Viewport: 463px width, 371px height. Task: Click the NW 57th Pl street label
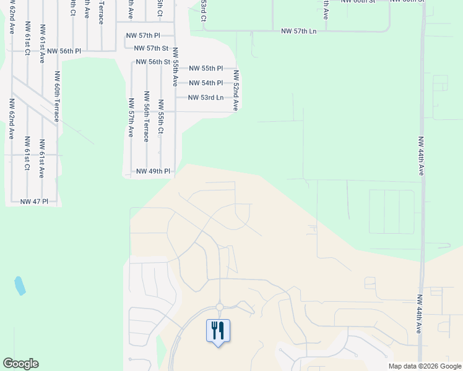pos(143,36)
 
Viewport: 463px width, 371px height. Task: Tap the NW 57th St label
pos(148,48)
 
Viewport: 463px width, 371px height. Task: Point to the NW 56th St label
pos(153,62)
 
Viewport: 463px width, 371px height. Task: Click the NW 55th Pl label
pos(206,69)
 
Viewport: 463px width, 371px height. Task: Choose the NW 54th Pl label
pos(206,83)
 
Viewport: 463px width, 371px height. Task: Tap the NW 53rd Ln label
pos(206,98)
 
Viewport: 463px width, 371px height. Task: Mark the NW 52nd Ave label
pos(236,90)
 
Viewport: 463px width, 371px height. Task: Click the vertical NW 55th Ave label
pos(175,66)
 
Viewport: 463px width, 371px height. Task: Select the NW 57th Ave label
pos(131,117)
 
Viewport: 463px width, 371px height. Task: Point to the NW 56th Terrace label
pos(147,117)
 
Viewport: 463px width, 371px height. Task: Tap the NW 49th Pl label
pos(153,171)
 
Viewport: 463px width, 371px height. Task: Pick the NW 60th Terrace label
pos(57,96)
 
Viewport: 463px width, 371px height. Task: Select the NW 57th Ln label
pos(298,31)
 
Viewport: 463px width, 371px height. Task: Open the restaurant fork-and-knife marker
pos(218,331)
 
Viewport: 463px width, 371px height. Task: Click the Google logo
pos(20,364)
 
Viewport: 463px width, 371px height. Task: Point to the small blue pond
pos(20,285)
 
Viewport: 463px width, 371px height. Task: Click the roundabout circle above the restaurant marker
pos(219,307)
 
